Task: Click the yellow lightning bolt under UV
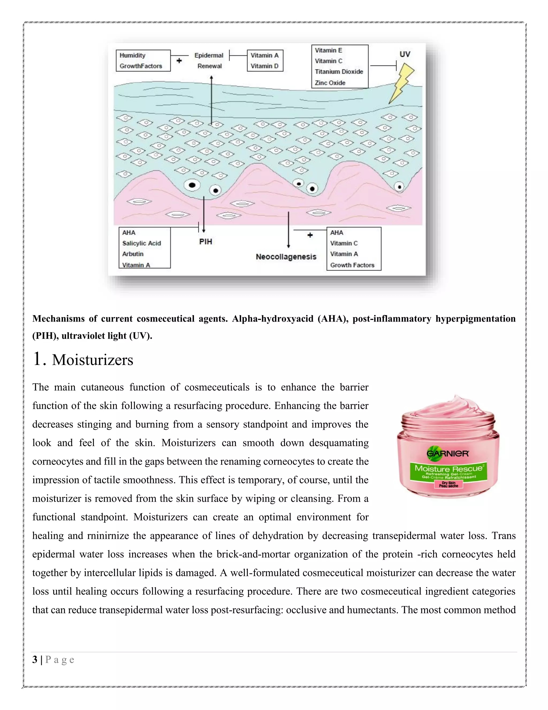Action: coord(402,83)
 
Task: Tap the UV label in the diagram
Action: coord(405,55)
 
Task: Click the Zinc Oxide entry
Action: coord(330,83)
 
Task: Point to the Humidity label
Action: coord(132,55)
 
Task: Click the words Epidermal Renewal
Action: coord(209,61)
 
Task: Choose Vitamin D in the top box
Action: coord(264,66)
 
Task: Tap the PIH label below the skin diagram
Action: coord(205,242)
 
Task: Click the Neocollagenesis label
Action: coord(286,257)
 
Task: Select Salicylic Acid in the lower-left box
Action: coord(142,244)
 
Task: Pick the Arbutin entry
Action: coord(133,254)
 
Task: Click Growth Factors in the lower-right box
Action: coord(352,265)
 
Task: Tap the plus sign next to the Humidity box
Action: coord(179,61)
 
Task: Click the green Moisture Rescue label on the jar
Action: coord(448,471)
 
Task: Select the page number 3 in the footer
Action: coord(35,660)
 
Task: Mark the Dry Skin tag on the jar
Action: coord(448,484)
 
